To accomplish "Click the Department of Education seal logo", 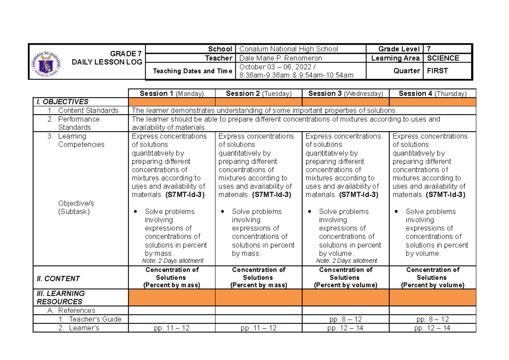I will tap(46, 64).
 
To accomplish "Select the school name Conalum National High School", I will tap(289, 49).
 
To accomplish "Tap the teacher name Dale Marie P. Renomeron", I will tap(281, 58).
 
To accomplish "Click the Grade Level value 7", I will tap(429, 49).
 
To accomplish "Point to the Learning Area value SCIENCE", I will tap(443, 58).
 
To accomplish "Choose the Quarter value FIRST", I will tap(438, 71).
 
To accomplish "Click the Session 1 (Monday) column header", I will tap(172, 93).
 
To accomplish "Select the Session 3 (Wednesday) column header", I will tap(346, 93).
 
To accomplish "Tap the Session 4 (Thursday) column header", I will tap(433, 93).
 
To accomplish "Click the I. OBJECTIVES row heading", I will tap(62, 102).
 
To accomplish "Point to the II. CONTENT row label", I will tap(59, 278).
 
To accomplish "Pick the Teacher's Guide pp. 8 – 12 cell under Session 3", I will tap(346, 319).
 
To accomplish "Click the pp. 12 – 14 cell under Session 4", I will tap(433, 328).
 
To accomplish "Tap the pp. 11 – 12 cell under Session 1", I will tap(172, 328).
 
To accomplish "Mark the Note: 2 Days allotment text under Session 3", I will tap(347, 261).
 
